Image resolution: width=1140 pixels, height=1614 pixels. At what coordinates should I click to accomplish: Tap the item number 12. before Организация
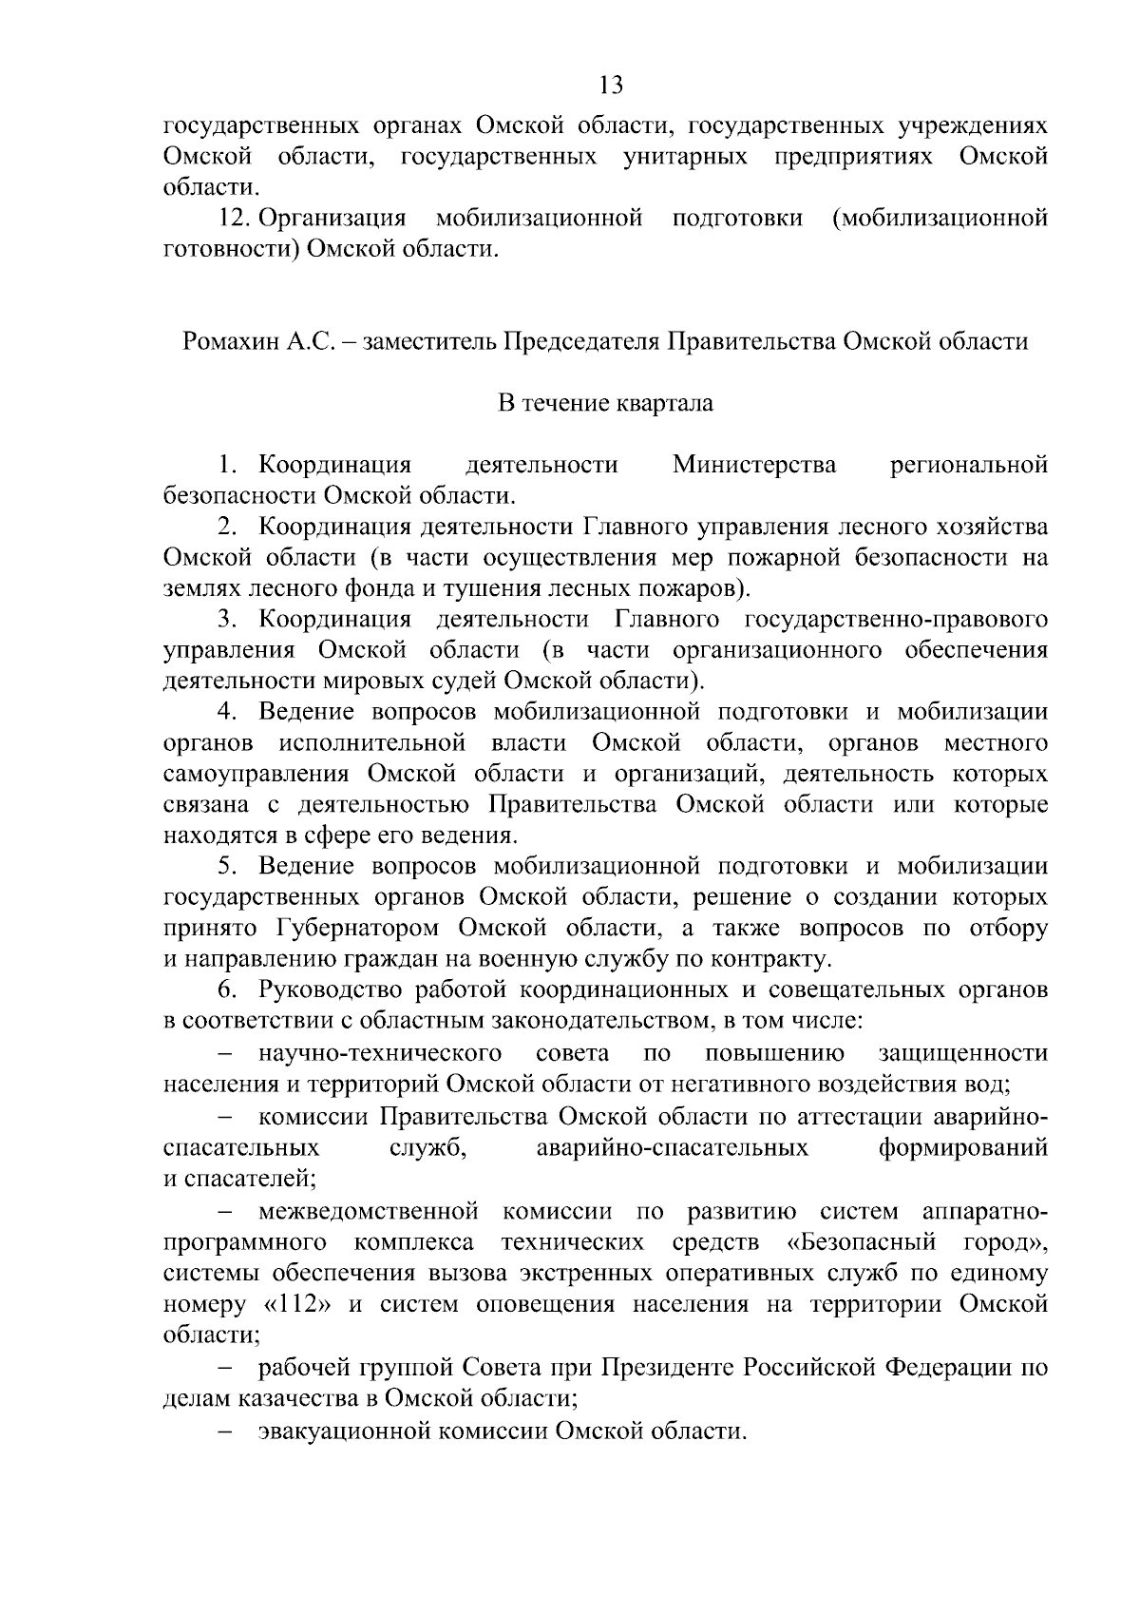235,219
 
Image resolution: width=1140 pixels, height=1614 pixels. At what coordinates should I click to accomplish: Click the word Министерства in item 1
754,466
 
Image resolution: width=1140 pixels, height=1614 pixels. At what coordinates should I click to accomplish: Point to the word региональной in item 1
969,466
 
